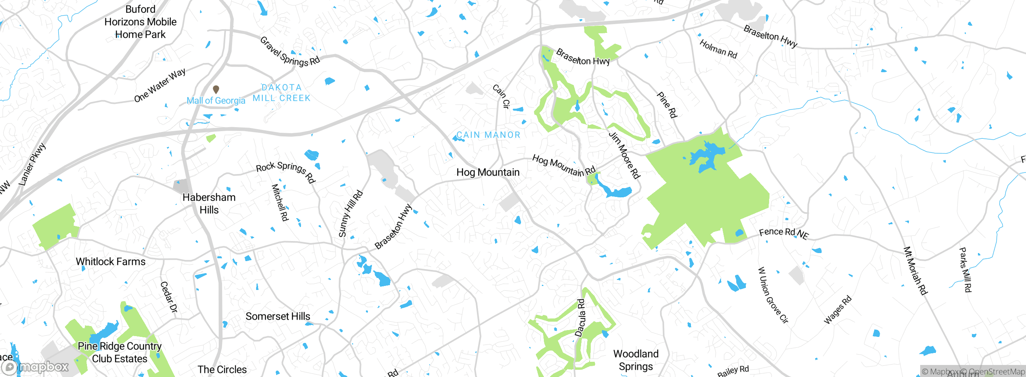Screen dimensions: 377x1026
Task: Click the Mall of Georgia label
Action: coord(216,101)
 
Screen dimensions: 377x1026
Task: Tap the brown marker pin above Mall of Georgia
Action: coord(216,89)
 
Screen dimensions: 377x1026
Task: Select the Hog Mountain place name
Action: coord(488,172)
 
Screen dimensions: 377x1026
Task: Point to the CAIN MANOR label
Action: coord(488,135)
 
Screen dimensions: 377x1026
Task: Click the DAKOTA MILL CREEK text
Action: coord(282,93)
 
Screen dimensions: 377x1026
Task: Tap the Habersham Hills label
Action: coord(209,203)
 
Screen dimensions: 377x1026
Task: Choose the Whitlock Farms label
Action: coord(111,261)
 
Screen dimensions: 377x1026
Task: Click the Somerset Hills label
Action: coord(278,316)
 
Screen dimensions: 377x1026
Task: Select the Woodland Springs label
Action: coord(636,360)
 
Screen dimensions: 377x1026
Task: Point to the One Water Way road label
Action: coord(160,85)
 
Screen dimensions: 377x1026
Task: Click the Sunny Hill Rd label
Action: coord(351,214)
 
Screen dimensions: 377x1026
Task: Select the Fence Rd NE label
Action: coord(784,233)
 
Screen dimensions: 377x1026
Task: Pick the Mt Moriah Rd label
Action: coord(915,271)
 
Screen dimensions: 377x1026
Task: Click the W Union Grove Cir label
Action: coord(773,295)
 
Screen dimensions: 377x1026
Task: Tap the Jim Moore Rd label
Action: coord(624,155)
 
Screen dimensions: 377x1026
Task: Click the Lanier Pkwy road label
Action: coord(32,164)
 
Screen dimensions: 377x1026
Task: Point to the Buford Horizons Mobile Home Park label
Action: coord(140,22)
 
